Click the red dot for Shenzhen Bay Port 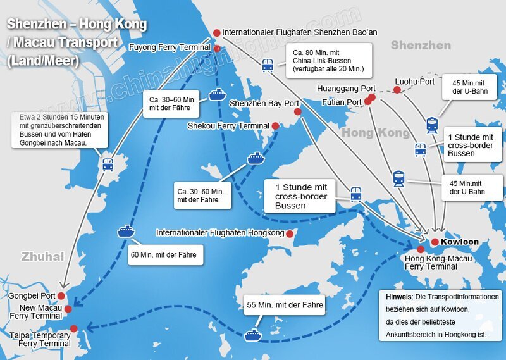click(x=298, y=111)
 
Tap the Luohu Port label click(x=414, y=82)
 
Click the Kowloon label click(x=460, y=242)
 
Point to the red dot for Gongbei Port click(x=61, y=295)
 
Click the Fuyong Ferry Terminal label click(x=170, y=47)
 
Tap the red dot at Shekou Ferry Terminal click(x=275, y=126)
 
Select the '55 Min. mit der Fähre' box click(x=285, y=306)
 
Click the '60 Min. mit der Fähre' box click(x=166, y=256)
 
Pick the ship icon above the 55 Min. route click(x=254, y=334)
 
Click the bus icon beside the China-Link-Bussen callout click(x=268, y=65)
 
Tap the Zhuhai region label click(x=43, y=256)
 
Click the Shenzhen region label click(x=421, y=46)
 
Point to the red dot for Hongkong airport click(x=290, y=233)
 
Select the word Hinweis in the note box click(x=399, y=297)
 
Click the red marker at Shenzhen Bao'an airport click(x=217, y=32)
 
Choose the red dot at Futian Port click(x=367, y=101)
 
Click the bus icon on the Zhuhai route click(x=108, y=164)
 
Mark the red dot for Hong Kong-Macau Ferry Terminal click(x=421, y=249)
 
